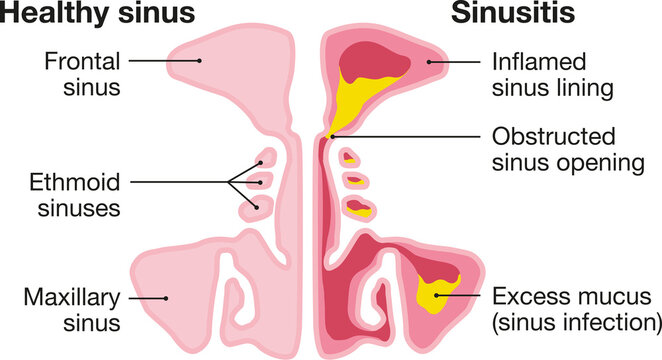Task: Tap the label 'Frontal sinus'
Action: pyautogui.click(x=83, y=73)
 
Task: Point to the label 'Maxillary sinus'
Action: pyautogui.click(x=75, y=309)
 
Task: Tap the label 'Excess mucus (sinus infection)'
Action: pyautogui.click(x=577, y=309)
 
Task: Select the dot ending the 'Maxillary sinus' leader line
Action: pyautogui.click(x=167, y=298)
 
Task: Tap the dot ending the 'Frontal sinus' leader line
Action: pyautogui.click(x=199, y=61)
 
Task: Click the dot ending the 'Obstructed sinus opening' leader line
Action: pyautogui.click(x=330, y=137)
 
